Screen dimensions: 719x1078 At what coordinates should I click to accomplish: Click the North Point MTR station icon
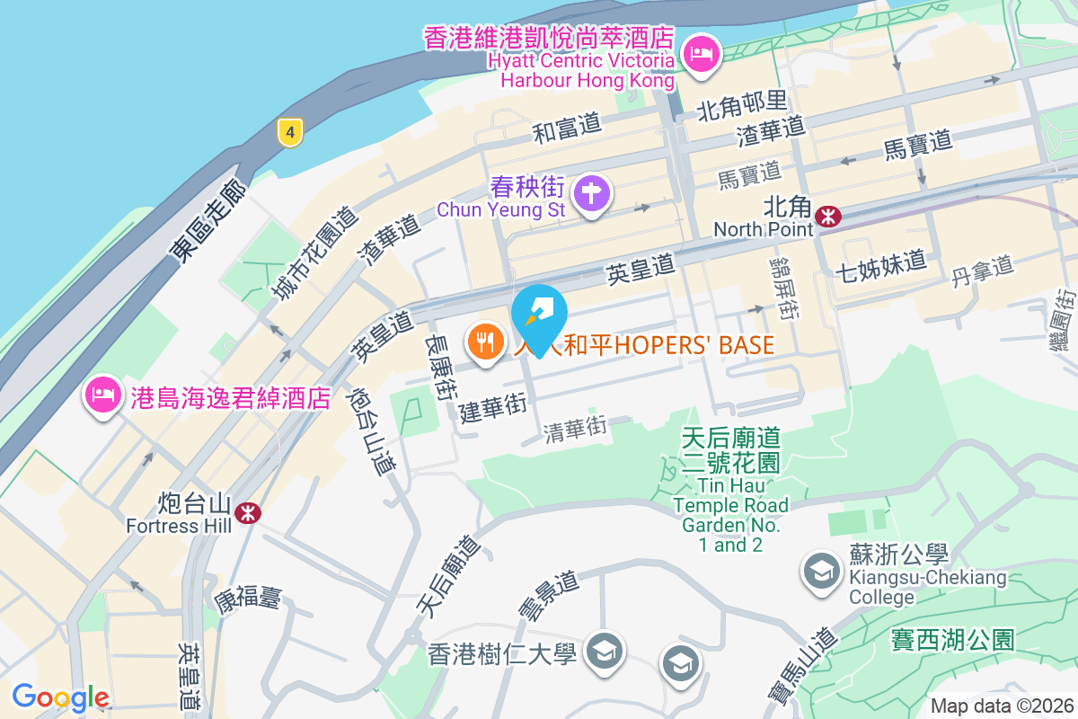click(827, 216)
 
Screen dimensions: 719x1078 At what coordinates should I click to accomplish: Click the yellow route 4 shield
click(288, 133)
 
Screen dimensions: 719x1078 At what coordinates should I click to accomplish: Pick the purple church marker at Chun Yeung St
click(591, 193)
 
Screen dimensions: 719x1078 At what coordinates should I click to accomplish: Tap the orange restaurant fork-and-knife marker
click(486, 342)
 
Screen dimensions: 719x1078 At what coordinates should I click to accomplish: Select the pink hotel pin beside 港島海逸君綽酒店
click(103, 394)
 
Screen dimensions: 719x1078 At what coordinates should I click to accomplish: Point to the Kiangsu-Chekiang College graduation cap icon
click(821, 571)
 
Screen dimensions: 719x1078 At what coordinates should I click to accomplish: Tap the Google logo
click(61, 697)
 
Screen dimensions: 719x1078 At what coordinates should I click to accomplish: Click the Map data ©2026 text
click(1002, 706)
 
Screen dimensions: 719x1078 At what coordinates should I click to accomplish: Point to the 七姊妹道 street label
click(879, 262)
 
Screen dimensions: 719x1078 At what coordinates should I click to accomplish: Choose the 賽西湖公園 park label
click(952, 640)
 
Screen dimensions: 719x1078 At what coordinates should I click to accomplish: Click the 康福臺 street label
click(247, 597)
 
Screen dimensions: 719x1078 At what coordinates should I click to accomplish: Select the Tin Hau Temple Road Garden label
click(731, 490)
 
